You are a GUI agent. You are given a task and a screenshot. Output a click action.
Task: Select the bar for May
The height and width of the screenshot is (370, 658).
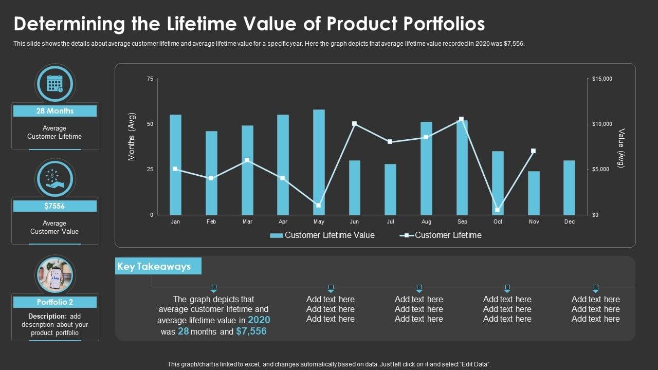coord(319,162)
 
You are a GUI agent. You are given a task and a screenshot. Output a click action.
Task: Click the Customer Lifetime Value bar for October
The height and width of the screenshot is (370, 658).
coord(498,183)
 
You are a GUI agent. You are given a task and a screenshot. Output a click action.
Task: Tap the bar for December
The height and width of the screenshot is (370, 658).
coord(569,188)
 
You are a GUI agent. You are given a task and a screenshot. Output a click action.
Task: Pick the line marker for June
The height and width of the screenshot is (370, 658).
coord(354,124)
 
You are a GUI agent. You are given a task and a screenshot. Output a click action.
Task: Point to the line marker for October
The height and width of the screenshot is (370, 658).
coord(497,210)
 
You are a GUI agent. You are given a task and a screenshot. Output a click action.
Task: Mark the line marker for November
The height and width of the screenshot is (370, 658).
coord(533,151)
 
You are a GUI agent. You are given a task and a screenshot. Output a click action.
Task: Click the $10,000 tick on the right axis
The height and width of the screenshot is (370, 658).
coord(602,124)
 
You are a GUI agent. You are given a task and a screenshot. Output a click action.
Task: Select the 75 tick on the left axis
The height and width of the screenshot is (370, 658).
coord(150,79)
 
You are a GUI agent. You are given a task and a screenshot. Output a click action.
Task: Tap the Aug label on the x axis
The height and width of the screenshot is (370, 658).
coord(426,222)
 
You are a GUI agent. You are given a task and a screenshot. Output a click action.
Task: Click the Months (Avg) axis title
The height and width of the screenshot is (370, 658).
coord(132,136)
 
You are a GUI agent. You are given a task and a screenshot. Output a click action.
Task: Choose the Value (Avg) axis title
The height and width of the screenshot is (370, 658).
coord(621,148)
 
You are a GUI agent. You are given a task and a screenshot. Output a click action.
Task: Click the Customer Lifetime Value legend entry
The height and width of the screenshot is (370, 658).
coord(322,235)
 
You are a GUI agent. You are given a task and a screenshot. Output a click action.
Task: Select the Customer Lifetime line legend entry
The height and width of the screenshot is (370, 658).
coord(441,235)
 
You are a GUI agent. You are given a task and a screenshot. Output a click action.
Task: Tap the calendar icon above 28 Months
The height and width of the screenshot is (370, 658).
coord(54,83)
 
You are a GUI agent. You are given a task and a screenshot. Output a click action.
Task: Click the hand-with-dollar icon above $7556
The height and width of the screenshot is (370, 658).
coord(54,178)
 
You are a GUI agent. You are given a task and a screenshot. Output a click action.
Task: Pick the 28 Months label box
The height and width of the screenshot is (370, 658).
coord(54,111)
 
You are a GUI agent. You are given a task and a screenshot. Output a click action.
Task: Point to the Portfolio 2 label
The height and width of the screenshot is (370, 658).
coord(54,302)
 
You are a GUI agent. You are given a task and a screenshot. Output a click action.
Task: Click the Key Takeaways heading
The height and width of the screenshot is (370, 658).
coord(154,266)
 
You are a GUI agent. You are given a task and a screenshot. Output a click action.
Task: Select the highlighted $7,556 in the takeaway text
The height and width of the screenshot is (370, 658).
coord(251,331)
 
